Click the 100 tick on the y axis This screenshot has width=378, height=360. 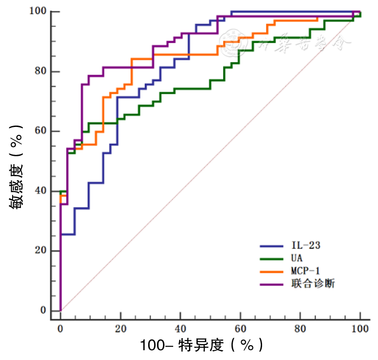[40, 11]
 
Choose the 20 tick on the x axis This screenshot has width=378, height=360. [121, 328]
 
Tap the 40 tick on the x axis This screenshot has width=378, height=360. [181, 328]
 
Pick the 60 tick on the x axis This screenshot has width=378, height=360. [240, 328]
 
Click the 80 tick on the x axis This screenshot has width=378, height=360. [300, 328]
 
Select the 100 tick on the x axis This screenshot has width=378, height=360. [360, 328]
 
